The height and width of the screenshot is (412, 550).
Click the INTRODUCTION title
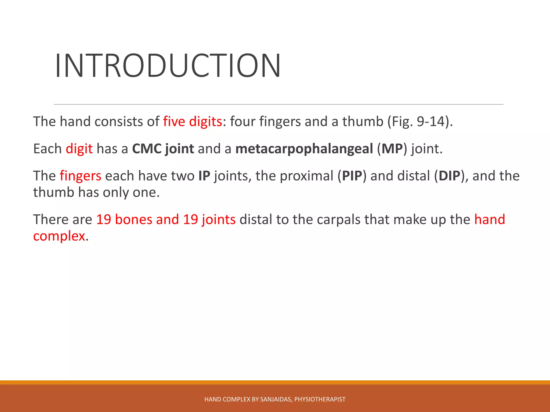[168, 66]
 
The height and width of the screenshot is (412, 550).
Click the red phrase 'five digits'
[192, 122]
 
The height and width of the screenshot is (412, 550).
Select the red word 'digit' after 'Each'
[79, 149]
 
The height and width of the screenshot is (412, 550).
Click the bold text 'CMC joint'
[163, 149]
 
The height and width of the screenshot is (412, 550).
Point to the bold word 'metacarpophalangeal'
[304, 149]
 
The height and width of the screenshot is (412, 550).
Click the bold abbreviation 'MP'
[392, 149]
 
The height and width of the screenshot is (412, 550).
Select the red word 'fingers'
[80, 176]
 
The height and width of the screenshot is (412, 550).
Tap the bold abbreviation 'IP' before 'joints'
[204, 176]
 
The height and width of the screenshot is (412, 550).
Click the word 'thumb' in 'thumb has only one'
[53, 192]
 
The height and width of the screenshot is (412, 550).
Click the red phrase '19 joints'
[209, 219]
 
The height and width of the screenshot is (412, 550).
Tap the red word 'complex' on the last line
[59, 236]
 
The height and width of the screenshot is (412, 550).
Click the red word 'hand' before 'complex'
[490, 219]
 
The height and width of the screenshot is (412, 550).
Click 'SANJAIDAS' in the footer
[276, 399]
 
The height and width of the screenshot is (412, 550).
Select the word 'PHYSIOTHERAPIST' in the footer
[320, 399]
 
